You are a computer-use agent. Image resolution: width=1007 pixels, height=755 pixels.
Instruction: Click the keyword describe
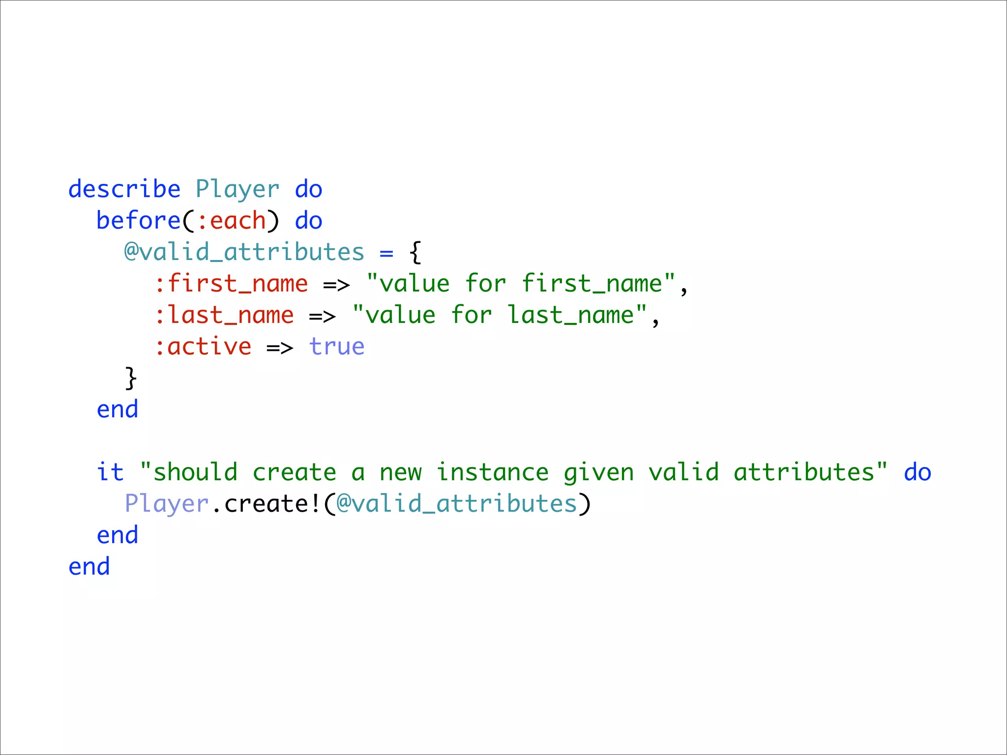click(124, 190)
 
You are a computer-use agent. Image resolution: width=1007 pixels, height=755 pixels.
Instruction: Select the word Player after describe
click(237, 190)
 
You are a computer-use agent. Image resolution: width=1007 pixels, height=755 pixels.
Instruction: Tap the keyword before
click(139, 221)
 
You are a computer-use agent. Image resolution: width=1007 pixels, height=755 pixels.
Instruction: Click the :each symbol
click(231, 221)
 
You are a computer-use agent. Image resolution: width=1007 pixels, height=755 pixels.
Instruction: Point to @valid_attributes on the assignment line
click(244, 253)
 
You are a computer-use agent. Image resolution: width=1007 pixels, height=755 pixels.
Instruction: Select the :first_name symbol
click(231, 284)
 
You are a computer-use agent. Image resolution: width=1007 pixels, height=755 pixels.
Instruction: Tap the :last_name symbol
click(224, 316)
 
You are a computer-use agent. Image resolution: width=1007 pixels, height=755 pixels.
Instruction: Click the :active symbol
click(203, 347)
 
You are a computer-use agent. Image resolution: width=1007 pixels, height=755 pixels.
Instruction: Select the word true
click(337, 347)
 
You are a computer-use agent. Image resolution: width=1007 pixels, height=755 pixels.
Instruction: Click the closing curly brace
click(131, 378)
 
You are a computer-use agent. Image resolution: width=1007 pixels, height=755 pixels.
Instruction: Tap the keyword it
click(110, 473)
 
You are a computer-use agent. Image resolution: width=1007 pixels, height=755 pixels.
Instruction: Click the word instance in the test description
click(492, 473)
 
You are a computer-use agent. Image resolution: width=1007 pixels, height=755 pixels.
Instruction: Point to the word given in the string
click(598, 473)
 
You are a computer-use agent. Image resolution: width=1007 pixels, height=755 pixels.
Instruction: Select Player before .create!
click(167, 504)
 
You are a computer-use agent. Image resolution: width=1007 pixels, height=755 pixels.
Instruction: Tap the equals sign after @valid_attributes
click(386, 254)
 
